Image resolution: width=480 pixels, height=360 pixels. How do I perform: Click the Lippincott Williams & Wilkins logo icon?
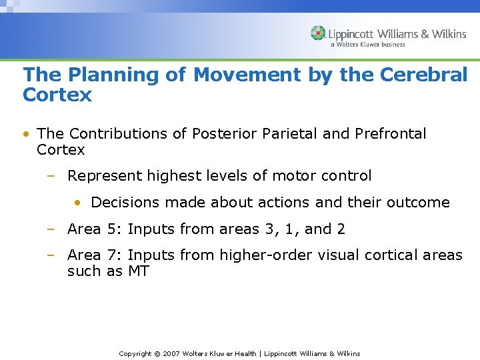click(319, 33)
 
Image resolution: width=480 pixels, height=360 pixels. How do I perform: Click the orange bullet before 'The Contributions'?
click(25, 134)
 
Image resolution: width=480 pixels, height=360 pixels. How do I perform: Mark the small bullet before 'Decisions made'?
click(78, 203)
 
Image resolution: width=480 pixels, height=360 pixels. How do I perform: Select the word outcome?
click(421, 203)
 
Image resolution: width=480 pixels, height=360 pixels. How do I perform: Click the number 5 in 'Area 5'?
click(113, 229)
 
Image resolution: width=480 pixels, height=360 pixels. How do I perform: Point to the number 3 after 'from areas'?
click(269, 229)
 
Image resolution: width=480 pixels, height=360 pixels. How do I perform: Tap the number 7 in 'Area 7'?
click(113, 255)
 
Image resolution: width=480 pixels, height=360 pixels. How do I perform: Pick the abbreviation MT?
click(138, 271)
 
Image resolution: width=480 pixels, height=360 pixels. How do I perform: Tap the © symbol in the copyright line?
click(157, 353)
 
